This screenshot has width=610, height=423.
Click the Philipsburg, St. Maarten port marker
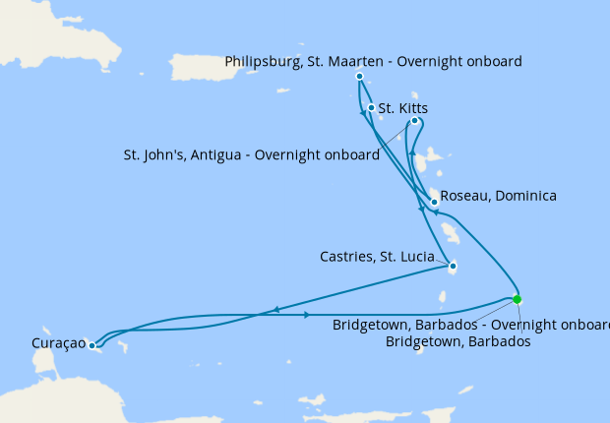359,76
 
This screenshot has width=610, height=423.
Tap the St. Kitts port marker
371,108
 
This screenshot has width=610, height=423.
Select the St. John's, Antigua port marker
414,121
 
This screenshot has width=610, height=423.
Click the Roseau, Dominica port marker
434,202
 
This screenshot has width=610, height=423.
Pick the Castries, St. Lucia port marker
451,266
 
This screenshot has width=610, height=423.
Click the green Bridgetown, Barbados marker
518,299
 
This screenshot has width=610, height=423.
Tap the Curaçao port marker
91,345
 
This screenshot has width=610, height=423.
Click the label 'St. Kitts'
403,108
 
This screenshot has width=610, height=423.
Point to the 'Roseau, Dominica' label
498,196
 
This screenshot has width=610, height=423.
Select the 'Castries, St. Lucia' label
377,257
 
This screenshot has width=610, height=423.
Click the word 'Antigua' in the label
219,155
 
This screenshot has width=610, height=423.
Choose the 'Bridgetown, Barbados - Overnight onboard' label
470,325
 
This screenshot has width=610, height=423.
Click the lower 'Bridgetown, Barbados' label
458,341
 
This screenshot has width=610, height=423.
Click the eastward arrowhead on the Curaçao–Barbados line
308,315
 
